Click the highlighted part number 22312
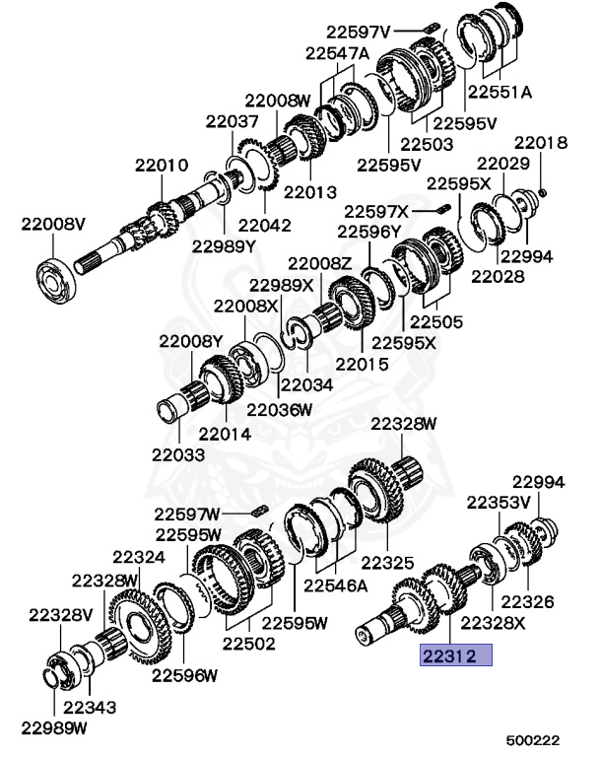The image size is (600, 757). [x=449, y=655]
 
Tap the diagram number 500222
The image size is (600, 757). [x=533, y=740]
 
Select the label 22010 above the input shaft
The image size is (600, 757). [x=162, y=166]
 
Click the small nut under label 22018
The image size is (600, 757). [x=542, y=193]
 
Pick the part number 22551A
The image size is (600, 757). [x=500, y=92]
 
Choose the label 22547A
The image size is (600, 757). [x=337, y=53]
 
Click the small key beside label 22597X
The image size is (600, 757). [x=443, y=209]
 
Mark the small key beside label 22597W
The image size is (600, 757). [x=260, y=511]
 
